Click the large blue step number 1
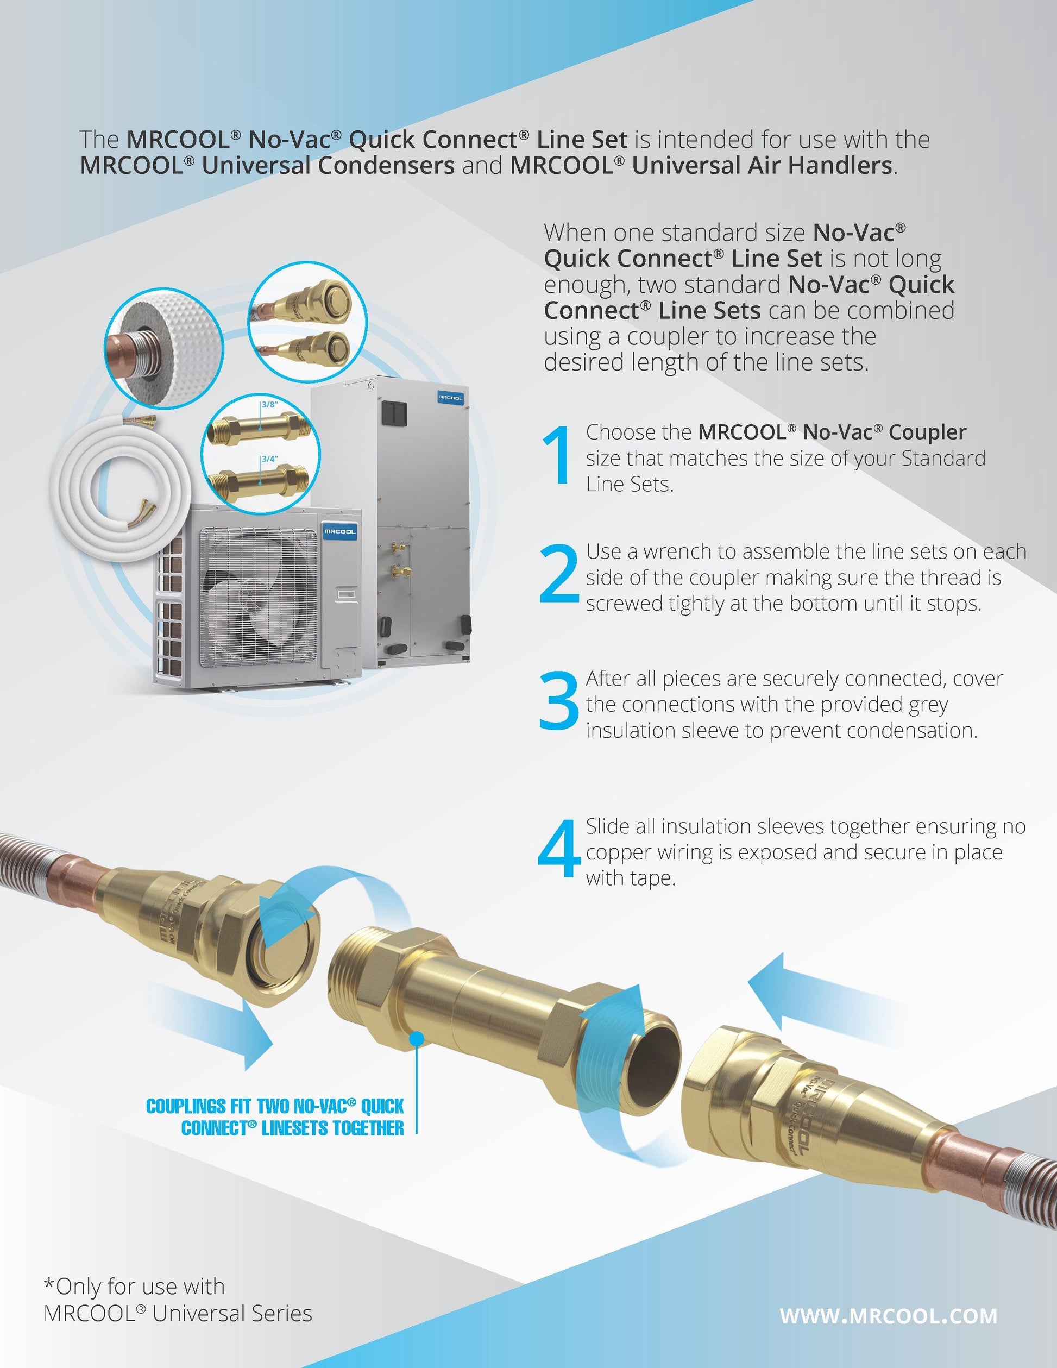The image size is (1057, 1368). pos(557,455)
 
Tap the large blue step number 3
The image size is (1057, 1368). pos(559,701)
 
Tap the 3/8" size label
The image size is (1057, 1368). pos(269,405)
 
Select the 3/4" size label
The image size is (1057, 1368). pos(270,459)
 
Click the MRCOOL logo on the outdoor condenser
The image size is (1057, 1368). pos(339,531)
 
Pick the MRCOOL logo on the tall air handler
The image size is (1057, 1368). pos(450,397)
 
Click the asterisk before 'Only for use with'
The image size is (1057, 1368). pos(49,1283)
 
